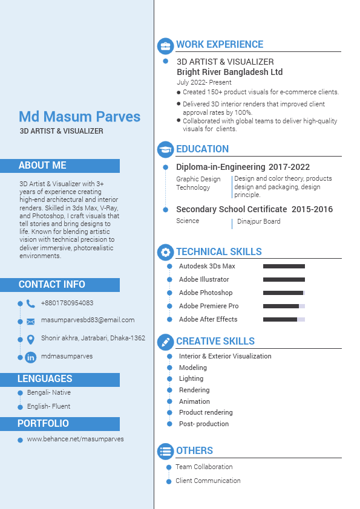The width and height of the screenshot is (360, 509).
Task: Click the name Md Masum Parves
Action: tap(79, 117)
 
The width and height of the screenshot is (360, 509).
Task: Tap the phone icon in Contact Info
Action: tap(30, 303)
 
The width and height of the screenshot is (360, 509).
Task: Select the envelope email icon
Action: tap(30, 321)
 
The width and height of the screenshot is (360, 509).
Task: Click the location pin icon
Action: tap(30, 339)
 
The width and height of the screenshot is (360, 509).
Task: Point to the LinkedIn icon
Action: tap(30, 357)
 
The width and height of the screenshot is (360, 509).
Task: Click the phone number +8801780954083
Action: tap(67, 303)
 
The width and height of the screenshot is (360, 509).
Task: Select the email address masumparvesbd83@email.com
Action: tap(88, 320)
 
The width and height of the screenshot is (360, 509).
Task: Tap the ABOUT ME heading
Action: tap(42, 166)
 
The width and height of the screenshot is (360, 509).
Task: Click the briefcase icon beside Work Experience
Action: tap(165, 46)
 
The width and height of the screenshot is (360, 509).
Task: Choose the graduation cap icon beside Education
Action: tap(165, 149)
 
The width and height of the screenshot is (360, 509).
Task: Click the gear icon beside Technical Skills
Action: tap(165, 253)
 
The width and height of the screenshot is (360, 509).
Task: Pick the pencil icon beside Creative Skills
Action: tap(165, 342)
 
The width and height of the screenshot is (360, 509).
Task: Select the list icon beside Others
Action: tap(165, 451)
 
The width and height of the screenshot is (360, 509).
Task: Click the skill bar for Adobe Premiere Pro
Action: tap(284, 306)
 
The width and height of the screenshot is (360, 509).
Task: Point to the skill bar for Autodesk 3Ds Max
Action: tap(284, 266)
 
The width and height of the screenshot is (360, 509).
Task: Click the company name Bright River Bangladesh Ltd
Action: tap(229, 72)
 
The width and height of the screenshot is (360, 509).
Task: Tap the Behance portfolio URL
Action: tap(75, 439)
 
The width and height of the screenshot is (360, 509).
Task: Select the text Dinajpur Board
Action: tap(258, 221)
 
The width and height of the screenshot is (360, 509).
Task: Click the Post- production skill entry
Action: tap(204, 424)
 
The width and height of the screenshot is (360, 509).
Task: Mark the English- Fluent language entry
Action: tap(48, 406)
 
